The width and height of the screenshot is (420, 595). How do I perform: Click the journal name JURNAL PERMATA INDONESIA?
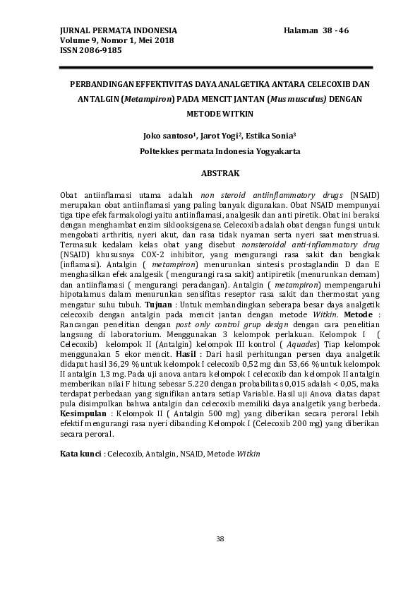pos(109,31)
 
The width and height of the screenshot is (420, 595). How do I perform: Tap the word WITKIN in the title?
pos(236,113)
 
